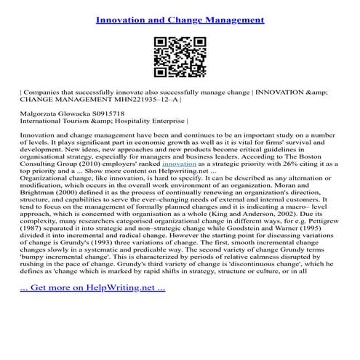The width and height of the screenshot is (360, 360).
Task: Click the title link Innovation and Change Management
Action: point(180,17)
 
